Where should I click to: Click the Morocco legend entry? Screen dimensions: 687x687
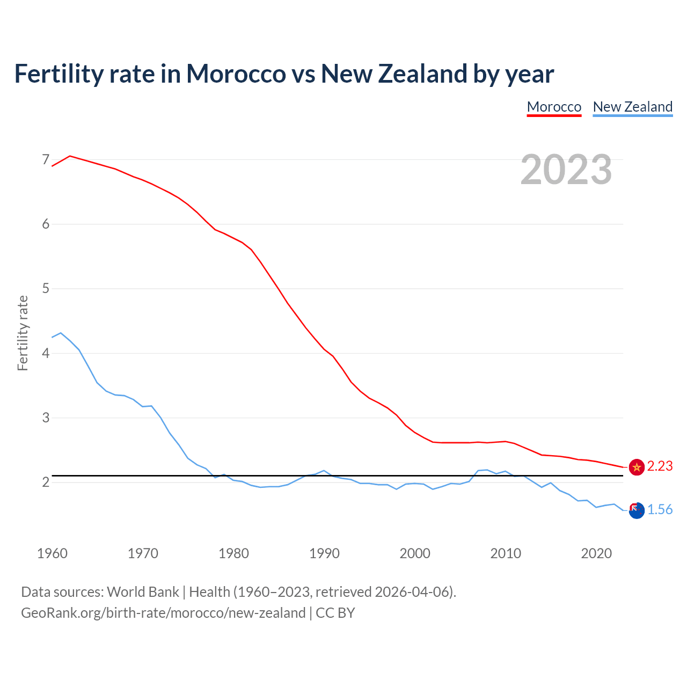coord(554,107)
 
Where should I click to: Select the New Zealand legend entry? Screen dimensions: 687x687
coord(632,107)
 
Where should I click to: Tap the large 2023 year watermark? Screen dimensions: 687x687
coord(566,170)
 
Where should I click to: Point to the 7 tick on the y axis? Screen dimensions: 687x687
coord(46,159)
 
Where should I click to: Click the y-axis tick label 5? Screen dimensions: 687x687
coord(46,289)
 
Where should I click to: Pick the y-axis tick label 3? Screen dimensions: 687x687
coord(46,418)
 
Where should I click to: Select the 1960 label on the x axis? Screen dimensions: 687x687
coord(52,553)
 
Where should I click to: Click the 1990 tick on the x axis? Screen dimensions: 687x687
coord(324,553)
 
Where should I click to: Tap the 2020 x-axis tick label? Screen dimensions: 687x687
coord(596,553)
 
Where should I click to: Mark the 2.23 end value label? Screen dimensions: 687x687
coord(660,466)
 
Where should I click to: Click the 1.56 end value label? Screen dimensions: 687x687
coord(660,510)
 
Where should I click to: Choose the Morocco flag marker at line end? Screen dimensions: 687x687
coord(637,467)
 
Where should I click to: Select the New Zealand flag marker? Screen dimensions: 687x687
coord(637,511)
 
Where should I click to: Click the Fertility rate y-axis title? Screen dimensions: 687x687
coord(23,333)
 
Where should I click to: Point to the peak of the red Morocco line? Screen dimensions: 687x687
coord(70,156)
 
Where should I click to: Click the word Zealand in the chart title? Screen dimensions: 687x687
coord(424,74)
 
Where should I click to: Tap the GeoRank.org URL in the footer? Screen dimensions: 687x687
coord(163,613)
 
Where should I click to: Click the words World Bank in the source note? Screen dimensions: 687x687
coord(143,592)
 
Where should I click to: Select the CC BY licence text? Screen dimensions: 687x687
coord(335,613)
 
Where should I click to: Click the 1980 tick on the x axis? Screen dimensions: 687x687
coord(233,553)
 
